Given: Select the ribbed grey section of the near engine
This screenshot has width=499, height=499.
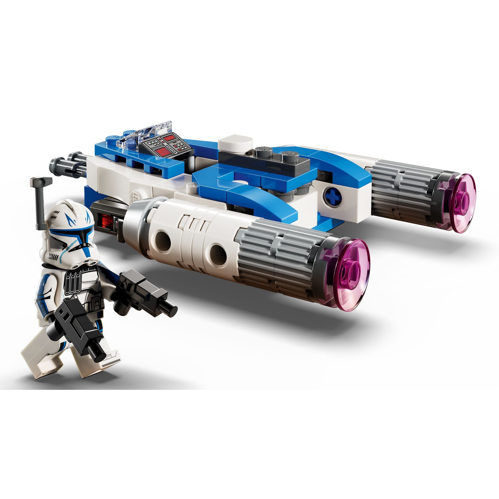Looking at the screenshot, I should [279, 253].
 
